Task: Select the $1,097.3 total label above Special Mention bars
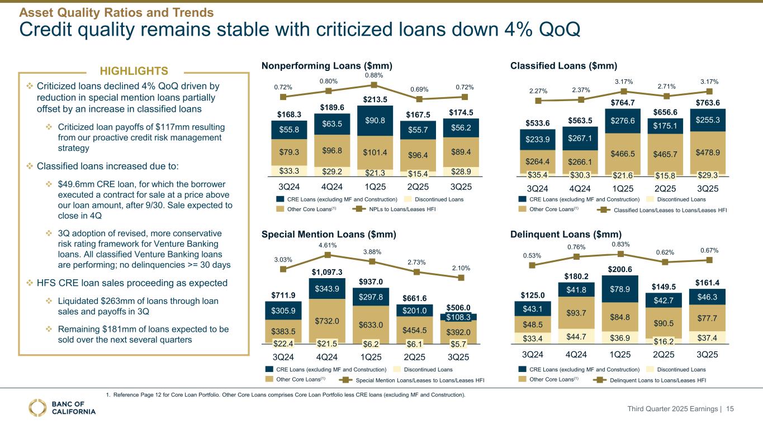[328, 271]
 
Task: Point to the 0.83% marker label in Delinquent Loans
[620, 244]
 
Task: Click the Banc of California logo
[63, 408]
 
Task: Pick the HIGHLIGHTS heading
[134, 71]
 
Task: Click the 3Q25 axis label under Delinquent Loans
[710, 354]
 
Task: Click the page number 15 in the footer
[729, 409]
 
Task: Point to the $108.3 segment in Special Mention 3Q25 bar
[461, 317]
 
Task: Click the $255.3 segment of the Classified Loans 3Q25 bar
[710, 120]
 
